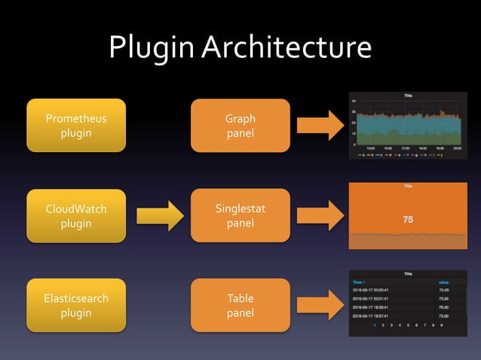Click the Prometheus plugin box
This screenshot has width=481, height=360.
point(76,126)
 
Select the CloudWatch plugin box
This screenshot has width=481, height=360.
point(76,216)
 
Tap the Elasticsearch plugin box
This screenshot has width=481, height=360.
point(76,306)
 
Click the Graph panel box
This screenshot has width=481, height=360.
point(240,126)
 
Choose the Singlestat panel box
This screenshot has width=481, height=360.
point(240,216)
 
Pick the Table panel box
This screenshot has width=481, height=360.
point(240,306)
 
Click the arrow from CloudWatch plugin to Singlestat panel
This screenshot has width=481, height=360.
point(160,216)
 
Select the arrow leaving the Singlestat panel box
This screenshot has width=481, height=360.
point(320,216)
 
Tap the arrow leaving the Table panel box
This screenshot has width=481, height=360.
point(320,306)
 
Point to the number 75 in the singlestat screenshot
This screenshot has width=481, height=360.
point(408,220)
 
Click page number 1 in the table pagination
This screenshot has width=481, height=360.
point(373,325)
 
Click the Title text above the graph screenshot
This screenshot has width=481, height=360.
point(408,96)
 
